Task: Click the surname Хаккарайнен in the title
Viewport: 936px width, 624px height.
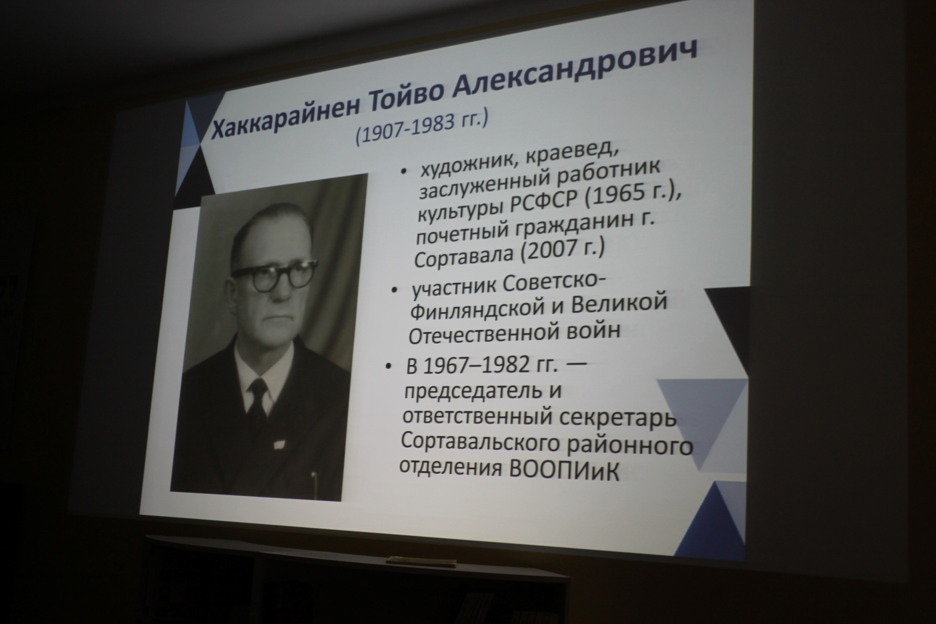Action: click(x=285, y=115)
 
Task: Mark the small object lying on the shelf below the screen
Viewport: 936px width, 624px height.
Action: click(x=421, y=562)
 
